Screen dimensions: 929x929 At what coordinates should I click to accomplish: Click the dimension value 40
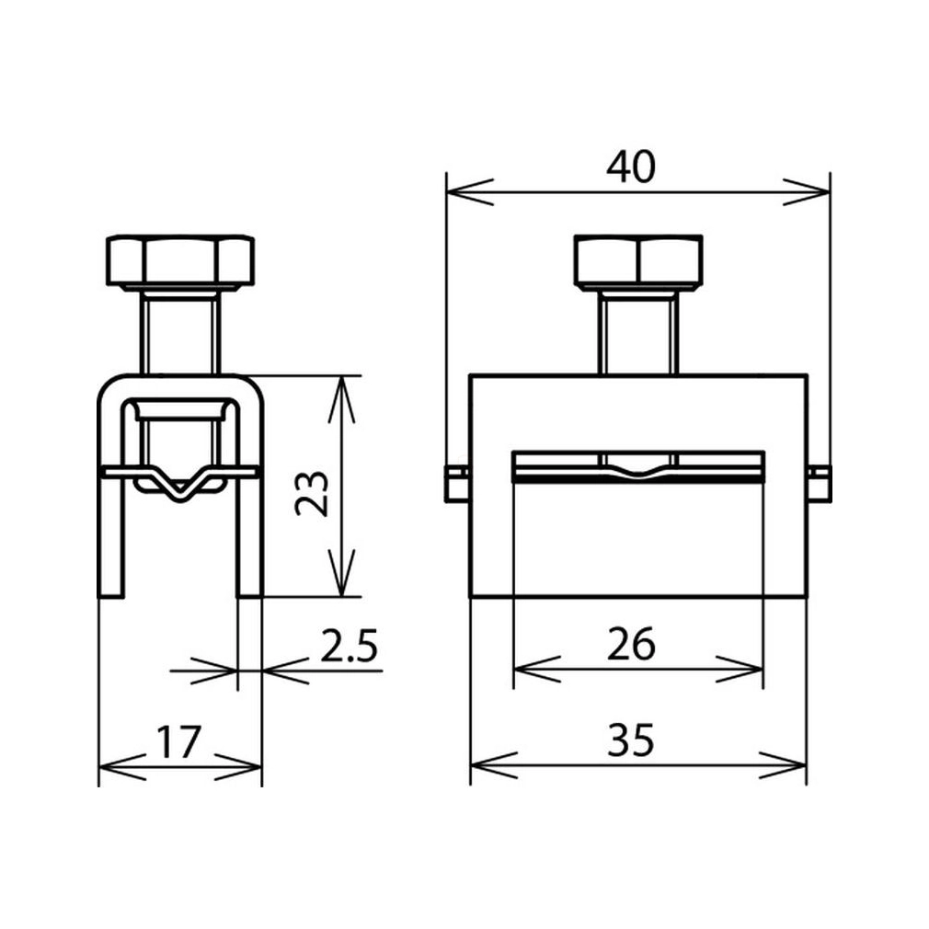631,166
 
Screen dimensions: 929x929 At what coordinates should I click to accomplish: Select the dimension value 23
312,494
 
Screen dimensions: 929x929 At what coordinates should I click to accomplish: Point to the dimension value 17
178,741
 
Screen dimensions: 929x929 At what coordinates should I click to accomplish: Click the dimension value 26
631,644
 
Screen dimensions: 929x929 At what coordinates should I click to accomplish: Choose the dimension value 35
631,740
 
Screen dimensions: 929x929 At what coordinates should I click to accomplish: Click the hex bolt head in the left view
180,262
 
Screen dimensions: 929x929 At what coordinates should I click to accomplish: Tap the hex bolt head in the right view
638,261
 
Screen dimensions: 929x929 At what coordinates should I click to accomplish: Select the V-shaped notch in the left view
180,485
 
